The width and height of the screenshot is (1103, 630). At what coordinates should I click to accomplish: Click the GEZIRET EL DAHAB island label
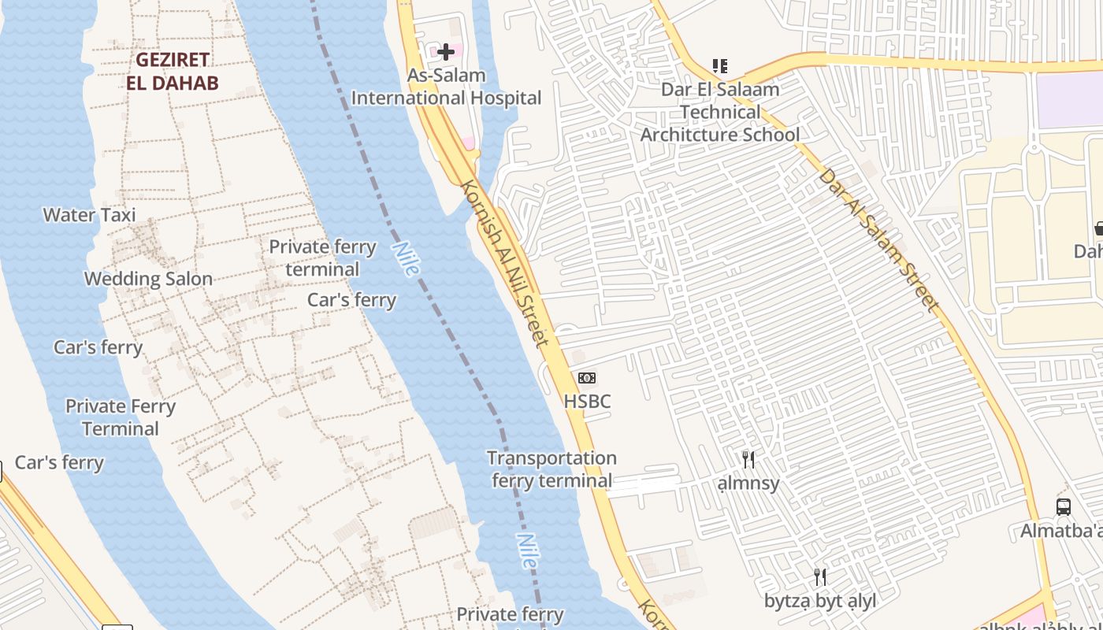tap(173, 71)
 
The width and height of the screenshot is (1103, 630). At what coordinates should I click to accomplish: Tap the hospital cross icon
tap(446, 52)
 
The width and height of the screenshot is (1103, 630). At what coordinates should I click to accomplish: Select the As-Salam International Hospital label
tap(446, 87)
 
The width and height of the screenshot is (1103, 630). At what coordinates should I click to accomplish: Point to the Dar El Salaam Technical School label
tap(719, 112)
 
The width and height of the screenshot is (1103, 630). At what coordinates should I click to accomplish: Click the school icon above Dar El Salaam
tap(719, 66)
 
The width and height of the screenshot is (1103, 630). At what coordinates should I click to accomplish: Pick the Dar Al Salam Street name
tap(879, 239)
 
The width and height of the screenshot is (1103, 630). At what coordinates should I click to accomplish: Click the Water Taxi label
tap(89, 215)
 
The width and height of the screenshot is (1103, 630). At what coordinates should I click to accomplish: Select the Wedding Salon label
tap(148, 279)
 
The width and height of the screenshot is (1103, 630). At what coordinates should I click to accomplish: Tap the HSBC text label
tap(587, 402)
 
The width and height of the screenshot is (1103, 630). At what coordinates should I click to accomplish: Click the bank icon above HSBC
tap(587, 378)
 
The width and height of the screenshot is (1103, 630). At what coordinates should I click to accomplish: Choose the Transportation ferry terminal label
tap(551, 469)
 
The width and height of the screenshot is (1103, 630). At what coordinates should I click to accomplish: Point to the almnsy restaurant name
tap(748, 484)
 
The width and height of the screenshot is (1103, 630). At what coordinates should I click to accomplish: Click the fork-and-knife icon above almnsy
tap(748, 459)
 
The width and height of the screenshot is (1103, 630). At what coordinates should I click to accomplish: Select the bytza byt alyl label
tap(820, 602)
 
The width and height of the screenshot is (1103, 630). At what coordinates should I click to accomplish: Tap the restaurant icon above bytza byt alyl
tap(820, 577)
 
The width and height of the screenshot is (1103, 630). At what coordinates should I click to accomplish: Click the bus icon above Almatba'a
tap(1064, 507)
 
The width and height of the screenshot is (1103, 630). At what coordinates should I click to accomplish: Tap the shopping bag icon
tap(1098, 229)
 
